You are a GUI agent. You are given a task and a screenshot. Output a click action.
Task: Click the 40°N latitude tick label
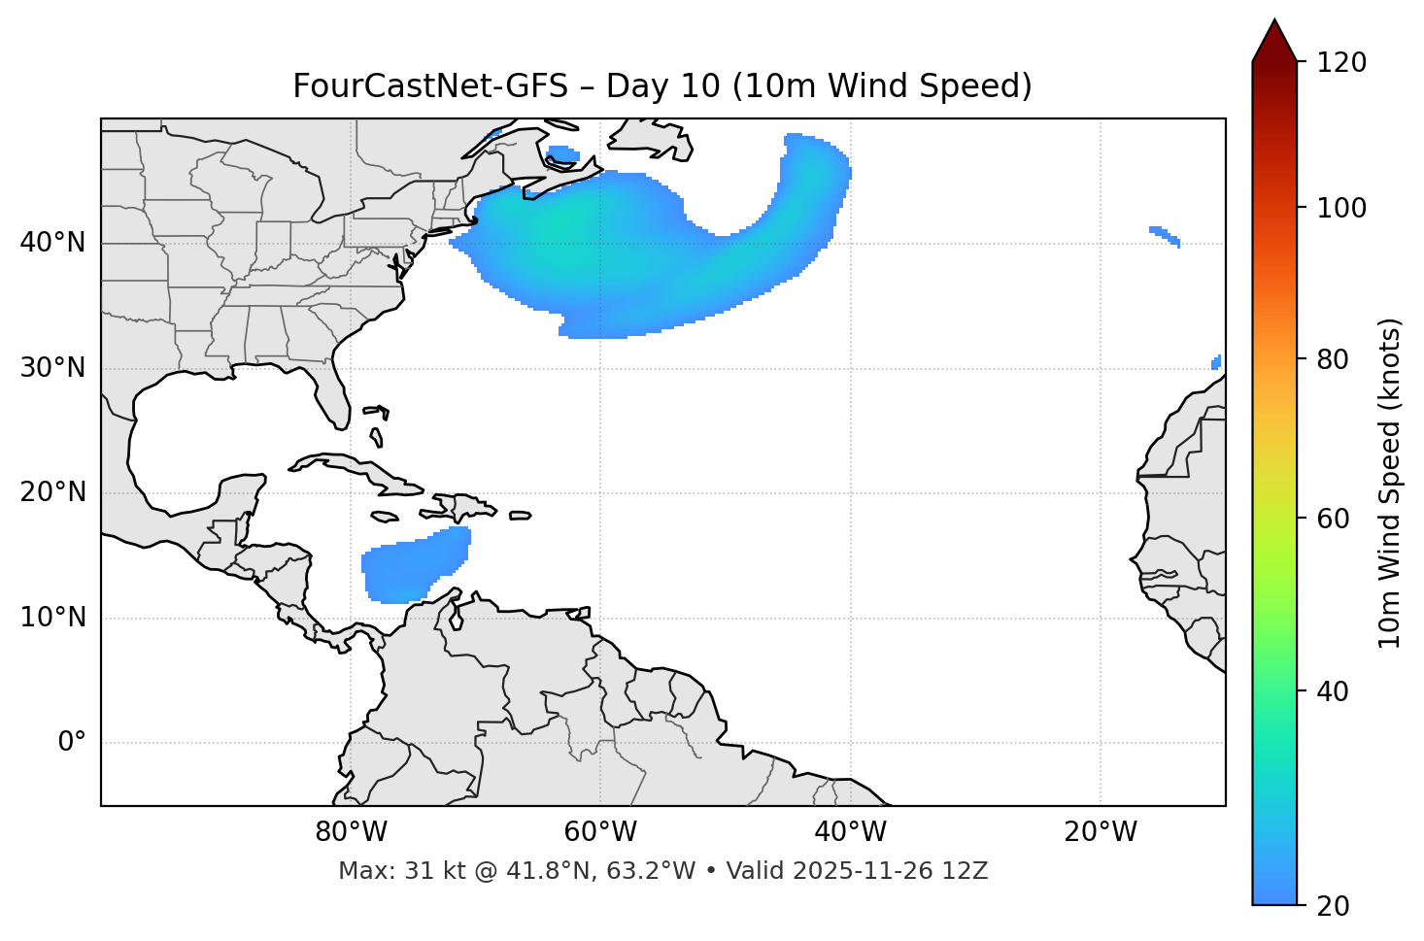52,243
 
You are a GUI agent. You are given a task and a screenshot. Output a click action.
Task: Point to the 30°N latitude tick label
52,368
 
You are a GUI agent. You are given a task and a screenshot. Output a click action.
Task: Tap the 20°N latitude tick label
52,492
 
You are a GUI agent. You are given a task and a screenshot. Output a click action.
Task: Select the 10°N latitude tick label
52,618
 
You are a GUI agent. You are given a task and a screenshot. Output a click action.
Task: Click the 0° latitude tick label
72,743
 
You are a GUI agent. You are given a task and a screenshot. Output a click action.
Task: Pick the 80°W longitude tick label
351,832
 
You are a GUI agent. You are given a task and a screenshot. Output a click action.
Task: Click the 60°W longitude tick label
600,832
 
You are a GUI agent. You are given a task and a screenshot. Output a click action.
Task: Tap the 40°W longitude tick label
851,832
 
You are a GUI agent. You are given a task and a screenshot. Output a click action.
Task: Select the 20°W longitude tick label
1101,832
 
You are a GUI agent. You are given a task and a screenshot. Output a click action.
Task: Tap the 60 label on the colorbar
1339,519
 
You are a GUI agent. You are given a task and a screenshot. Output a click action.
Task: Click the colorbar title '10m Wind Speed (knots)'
1390,483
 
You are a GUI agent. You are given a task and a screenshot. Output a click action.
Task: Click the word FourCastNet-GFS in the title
429,86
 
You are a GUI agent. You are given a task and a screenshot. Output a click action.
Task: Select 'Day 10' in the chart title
663,86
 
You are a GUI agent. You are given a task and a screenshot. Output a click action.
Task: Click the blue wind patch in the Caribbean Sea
413,568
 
